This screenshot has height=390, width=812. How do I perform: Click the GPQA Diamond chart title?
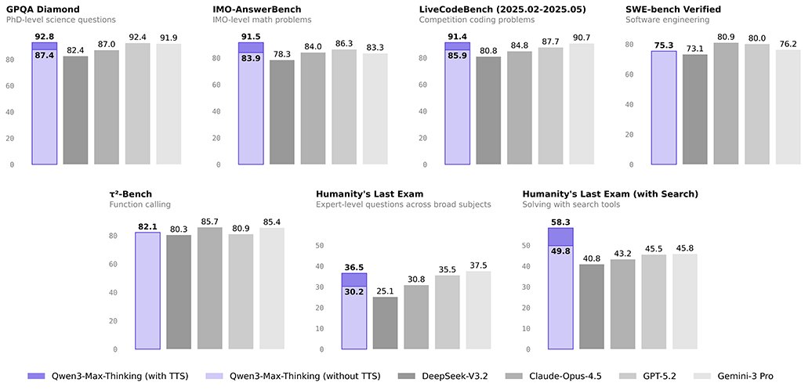[x=38, y=9]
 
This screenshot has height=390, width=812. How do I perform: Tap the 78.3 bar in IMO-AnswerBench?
[x=282, y=113]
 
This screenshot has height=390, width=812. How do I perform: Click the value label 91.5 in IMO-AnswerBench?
[x=251, y=36]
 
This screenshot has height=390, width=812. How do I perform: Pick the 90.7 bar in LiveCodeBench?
[x=582, y=104]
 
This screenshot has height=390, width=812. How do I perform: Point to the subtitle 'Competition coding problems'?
[x=477, y=20]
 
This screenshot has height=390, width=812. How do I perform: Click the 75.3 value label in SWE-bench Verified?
[x=664, y=45]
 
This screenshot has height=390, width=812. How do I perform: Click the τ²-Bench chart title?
[x=131, y=193]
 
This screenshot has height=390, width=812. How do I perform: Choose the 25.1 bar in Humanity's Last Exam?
[x=385, y=323]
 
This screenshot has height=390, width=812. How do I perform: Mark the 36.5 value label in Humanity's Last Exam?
[x=354, y=267]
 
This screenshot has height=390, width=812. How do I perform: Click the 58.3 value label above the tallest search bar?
[x=560, y=222]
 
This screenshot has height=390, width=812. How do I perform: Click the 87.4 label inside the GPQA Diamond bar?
[x=44, y=56]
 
